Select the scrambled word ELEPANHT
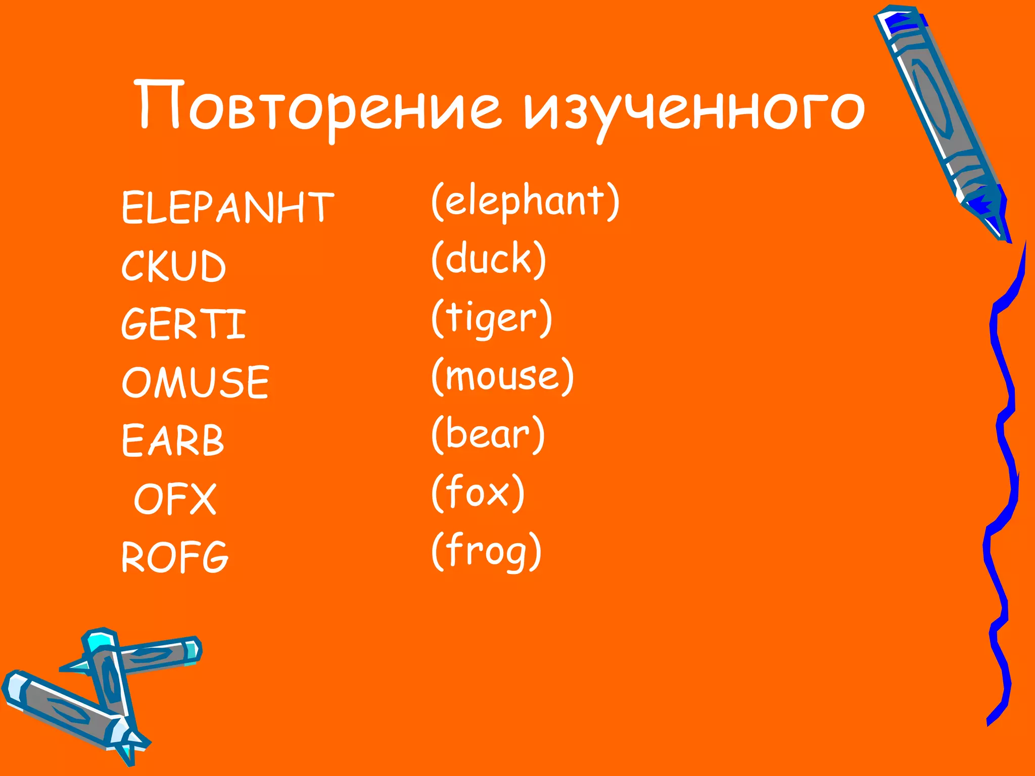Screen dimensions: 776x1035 tap(227, 207)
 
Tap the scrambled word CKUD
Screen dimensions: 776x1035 tap(173, 266)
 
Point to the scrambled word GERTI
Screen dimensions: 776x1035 tap(183, 324)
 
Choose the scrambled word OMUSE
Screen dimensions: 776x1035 tap(195, 382)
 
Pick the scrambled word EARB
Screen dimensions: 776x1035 tap(172, 440)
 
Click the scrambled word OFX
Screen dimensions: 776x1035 tap(175, 499)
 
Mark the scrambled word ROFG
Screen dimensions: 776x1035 tap(175, 557)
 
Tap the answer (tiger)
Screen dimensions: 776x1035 tap(492, 318)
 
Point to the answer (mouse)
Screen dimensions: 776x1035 tap(503, 376)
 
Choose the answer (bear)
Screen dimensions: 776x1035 tap(488, 434)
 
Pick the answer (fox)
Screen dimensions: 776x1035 tap(478, 493)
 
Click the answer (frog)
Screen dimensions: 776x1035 tap(487, 551)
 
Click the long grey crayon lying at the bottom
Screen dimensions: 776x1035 tap(66, 707)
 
